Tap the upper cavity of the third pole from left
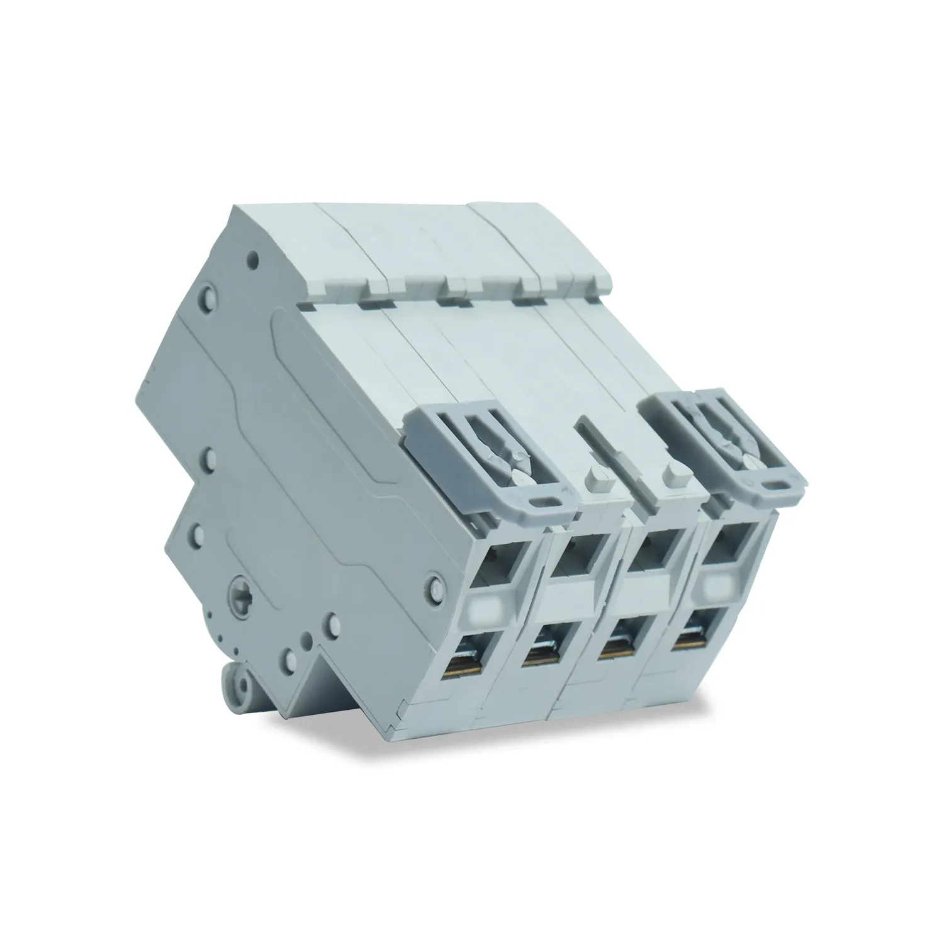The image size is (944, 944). [655, 548]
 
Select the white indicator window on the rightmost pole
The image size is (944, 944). [718, 588]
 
